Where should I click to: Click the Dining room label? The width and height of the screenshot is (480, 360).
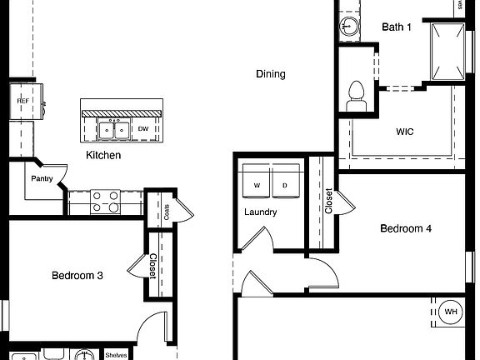pos(270,74)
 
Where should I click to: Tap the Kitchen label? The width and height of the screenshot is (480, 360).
pos(103,156)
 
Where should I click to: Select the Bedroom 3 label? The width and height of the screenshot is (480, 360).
pos(77,276)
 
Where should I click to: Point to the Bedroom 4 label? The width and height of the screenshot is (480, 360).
pos(406,228)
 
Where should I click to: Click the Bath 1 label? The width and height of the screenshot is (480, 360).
pos(397,27)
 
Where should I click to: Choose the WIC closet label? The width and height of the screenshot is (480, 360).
pos(405,132)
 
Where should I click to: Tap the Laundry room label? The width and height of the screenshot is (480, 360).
pos(260,212)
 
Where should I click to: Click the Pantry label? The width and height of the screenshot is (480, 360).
pos(42,178)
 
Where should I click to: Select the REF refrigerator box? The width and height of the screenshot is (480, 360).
pos(24,101)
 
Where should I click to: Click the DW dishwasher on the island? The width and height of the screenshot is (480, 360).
pos(143,129)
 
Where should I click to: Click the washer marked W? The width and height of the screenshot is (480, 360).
pos(257,185)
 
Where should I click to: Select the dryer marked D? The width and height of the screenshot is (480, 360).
pos(285,185)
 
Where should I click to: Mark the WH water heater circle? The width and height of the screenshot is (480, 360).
pos(451,312)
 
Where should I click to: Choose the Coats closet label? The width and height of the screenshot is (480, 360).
pos(167,212)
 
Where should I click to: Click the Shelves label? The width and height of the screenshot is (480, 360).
pos(116,355)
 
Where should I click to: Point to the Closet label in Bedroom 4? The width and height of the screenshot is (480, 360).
pos(328,200)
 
